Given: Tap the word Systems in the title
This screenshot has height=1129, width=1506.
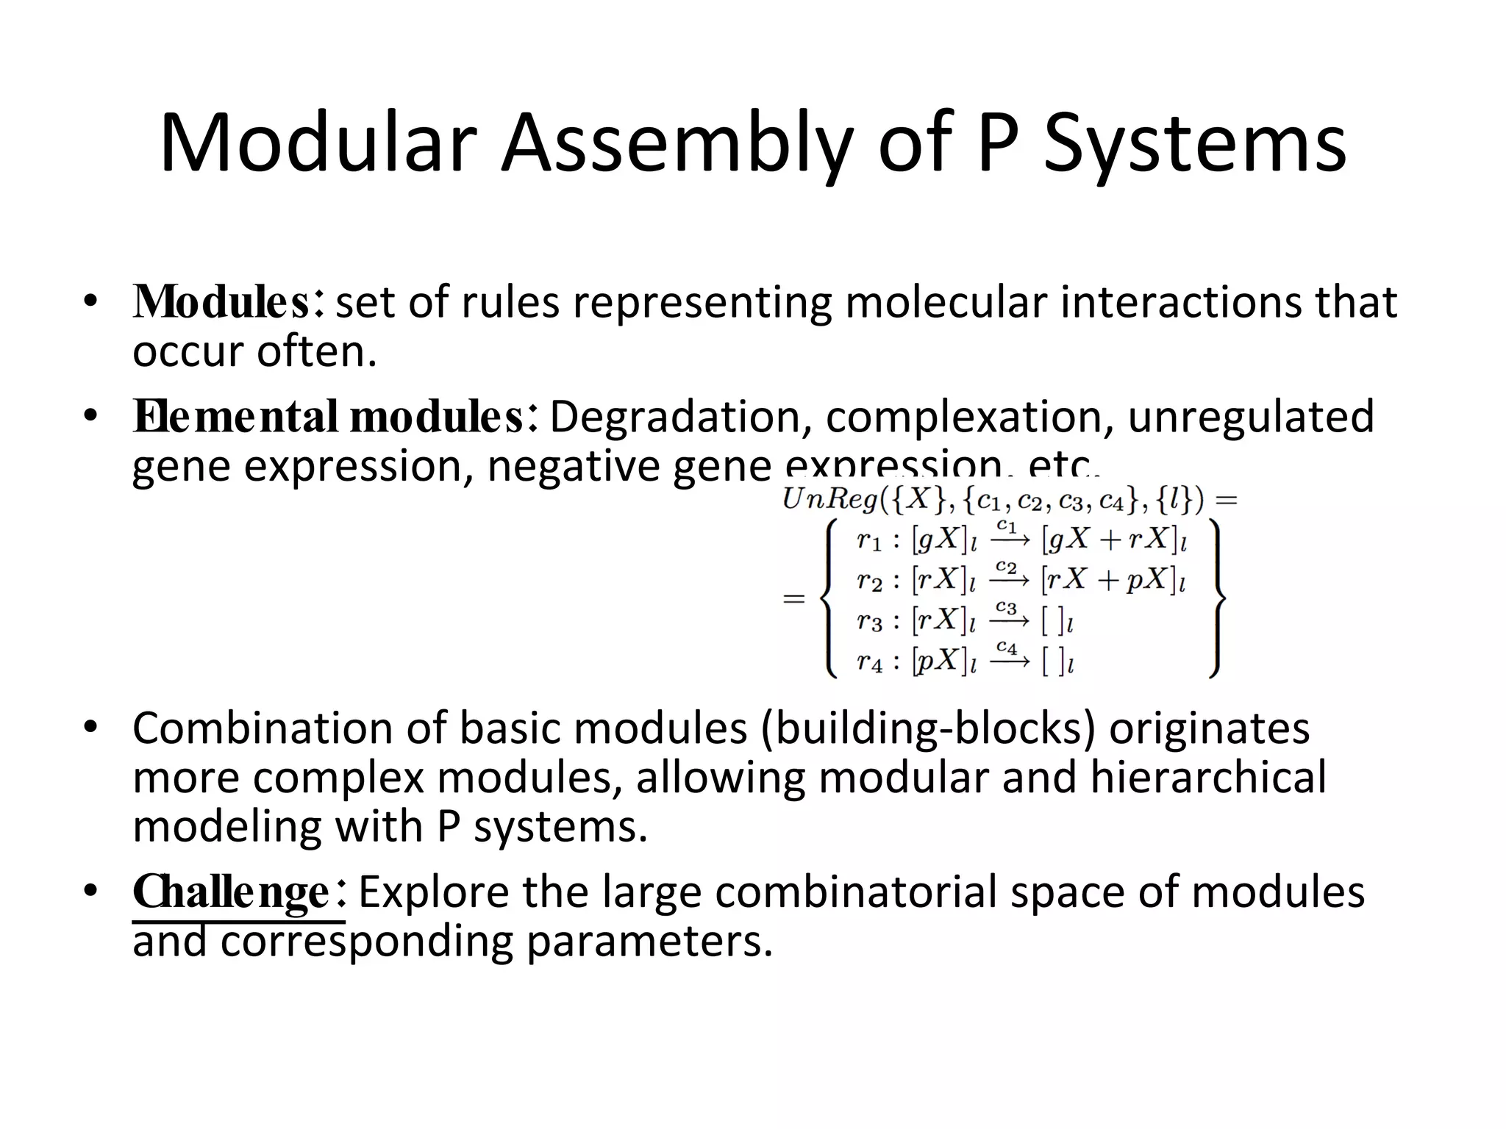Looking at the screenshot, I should pyautogui.click(x=1194, y=143).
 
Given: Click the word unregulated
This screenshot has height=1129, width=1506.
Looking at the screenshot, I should pyautogui.click(x=1250, y=417).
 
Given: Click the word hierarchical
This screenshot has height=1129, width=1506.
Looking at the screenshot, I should pyautogui.click(x=1208, y=778).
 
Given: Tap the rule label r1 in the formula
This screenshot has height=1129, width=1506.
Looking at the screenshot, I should pyautogui.click(x=869, y=542).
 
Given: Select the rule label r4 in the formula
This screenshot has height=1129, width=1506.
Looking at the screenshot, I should pyautogui.click(x=869, y=662).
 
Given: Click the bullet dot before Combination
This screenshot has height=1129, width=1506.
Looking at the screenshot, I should pyautogui.click(x=90, y=728).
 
